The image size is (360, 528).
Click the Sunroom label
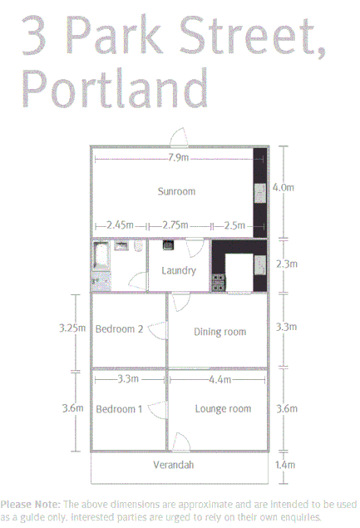176,191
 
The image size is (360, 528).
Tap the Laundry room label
179,270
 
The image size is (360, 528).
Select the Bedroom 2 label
119,329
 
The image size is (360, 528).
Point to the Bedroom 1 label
119,409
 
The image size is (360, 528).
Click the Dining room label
220,332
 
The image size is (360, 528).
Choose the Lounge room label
223,409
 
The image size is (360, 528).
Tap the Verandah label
173,465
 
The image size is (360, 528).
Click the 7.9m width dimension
177,158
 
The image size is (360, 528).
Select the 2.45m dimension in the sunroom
121,225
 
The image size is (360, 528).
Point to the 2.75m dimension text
175,225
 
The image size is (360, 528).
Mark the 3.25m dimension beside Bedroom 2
72,328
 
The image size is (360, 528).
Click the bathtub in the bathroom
101,257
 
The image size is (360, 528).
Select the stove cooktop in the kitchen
219,281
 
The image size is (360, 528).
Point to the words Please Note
30,505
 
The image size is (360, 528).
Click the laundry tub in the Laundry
167,245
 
